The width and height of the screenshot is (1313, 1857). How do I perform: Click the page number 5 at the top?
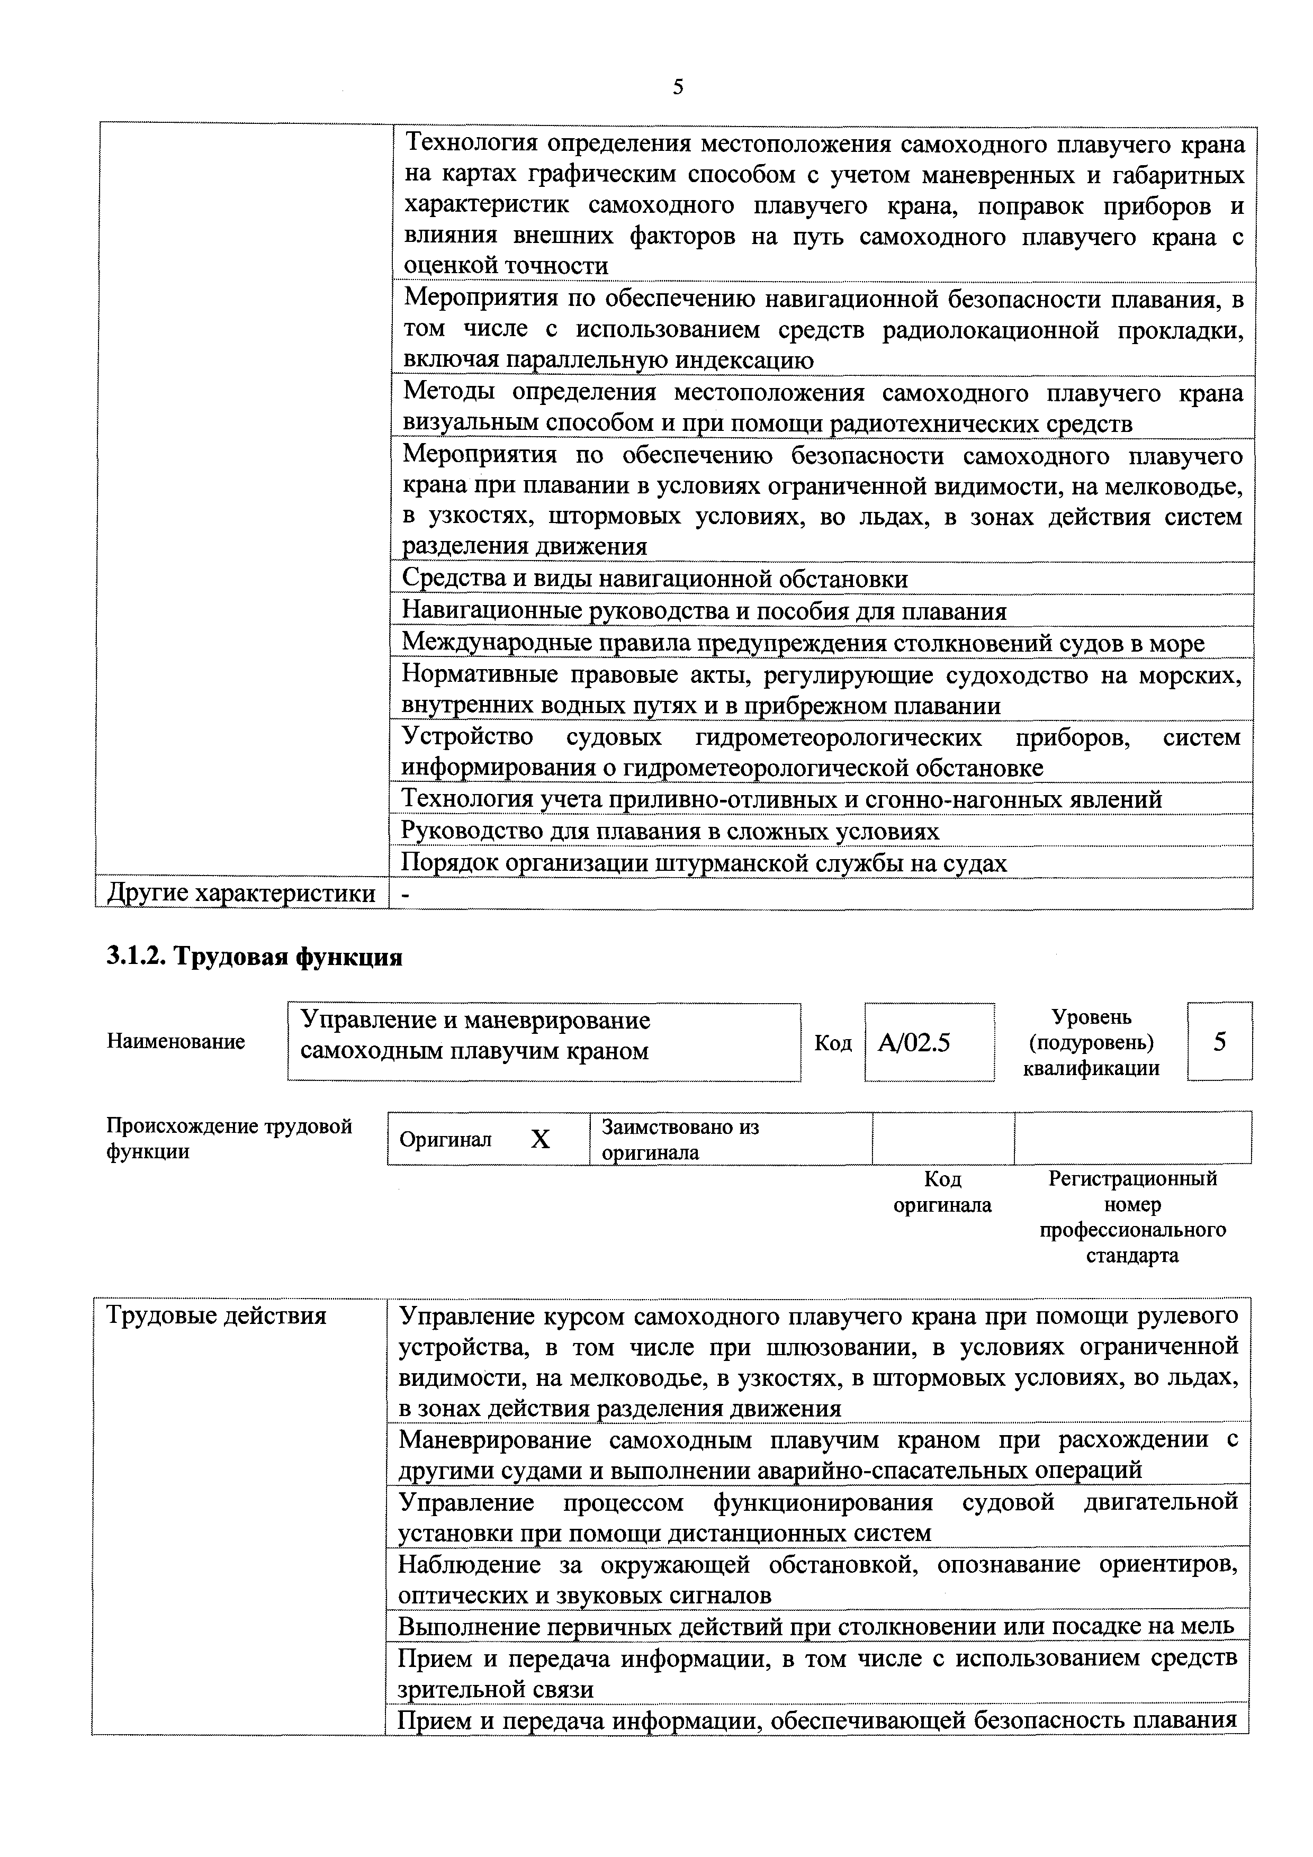(677, 86)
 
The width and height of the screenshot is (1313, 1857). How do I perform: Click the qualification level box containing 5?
(1219, 1041)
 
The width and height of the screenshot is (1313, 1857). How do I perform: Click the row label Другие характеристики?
(241, 893)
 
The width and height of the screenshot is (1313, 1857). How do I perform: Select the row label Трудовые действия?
(217, 1316)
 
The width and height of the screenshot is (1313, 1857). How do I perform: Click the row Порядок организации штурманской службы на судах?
(704, 863)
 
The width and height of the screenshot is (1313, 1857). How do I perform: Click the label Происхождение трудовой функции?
(229, 1138)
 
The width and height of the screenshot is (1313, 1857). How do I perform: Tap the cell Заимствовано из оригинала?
(680, 1139)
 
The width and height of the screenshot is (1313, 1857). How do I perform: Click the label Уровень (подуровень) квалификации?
(1091, 1042)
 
